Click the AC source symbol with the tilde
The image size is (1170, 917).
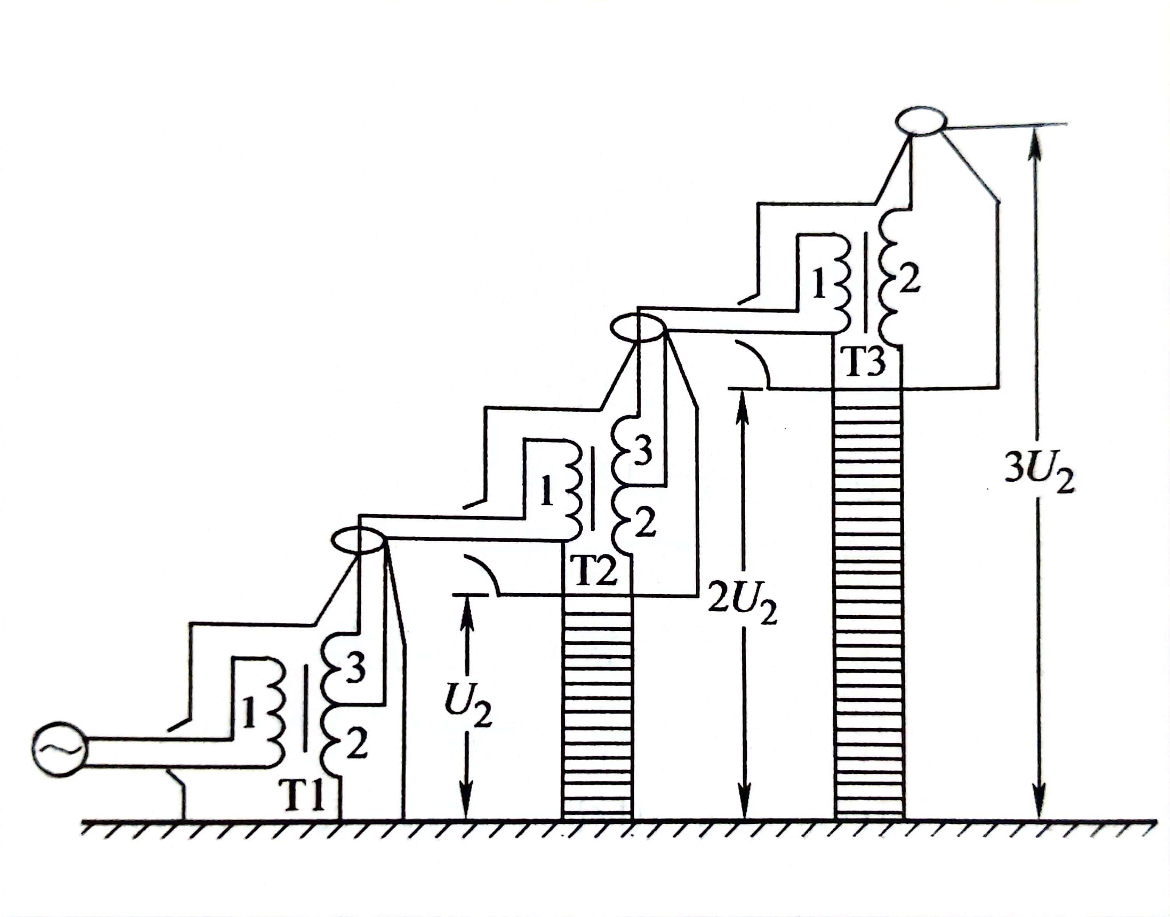(x=59, y=750)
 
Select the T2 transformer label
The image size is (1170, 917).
(x=593, y=570)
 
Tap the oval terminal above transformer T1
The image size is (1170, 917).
(x=358, y=539)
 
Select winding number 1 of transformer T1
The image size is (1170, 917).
(x=249, y=712)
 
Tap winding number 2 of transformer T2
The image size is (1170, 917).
(x=644, y=522)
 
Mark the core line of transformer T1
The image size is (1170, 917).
(x=306, y=709)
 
